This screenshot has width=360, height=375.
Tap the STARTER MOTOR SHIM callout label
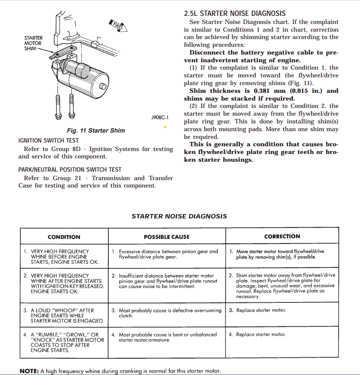coord(33,43)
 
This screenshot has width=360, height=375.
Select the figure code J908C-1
coord(160,118)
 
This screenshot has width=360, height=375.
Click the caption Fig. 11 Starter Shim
coord(96,130)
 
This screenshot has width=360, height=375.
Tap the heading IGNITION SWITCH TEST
coord(48,140)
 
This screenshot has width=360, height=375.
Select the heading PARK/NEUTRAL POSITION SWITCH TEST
coord(70,169)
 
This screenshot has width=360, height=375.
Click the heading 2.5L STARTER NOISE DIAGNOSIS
coord(235,13)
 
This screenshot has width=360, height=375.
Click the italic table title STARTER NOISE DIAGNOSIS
coord(179,216)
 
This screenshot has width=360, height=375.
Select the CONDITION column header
coord(64,237)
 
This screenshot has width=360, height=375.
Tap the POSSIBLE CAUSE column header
coord(166,237)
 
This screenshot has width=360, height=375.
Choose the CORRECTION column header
coord(282,236)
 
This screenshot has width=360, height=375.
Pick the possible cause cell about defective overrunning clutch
coord(167,313)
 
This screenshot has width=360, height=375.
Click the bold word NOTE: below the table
coord(29,371)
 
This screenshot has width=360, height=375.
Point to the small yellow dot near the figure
coord(165,127)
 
